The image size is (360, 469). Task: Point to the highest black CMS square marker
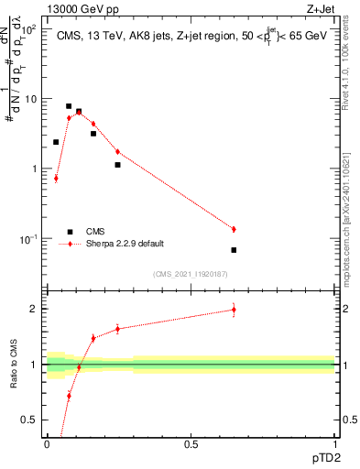click(x=69, y=106)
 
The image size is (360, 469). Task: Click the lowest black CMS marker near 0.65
click(x=234, y=250)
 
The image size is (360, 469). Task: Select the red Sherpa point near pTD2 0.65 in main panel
click(x=234, y=229)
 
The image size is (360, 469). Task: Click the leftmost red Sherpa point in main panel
click(x=56, y=178)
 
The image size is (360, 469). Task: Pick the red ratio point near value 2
click(x=234, y=310)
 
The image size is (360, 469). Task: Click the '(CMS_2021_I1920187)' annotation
click(x=191, y=273)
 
